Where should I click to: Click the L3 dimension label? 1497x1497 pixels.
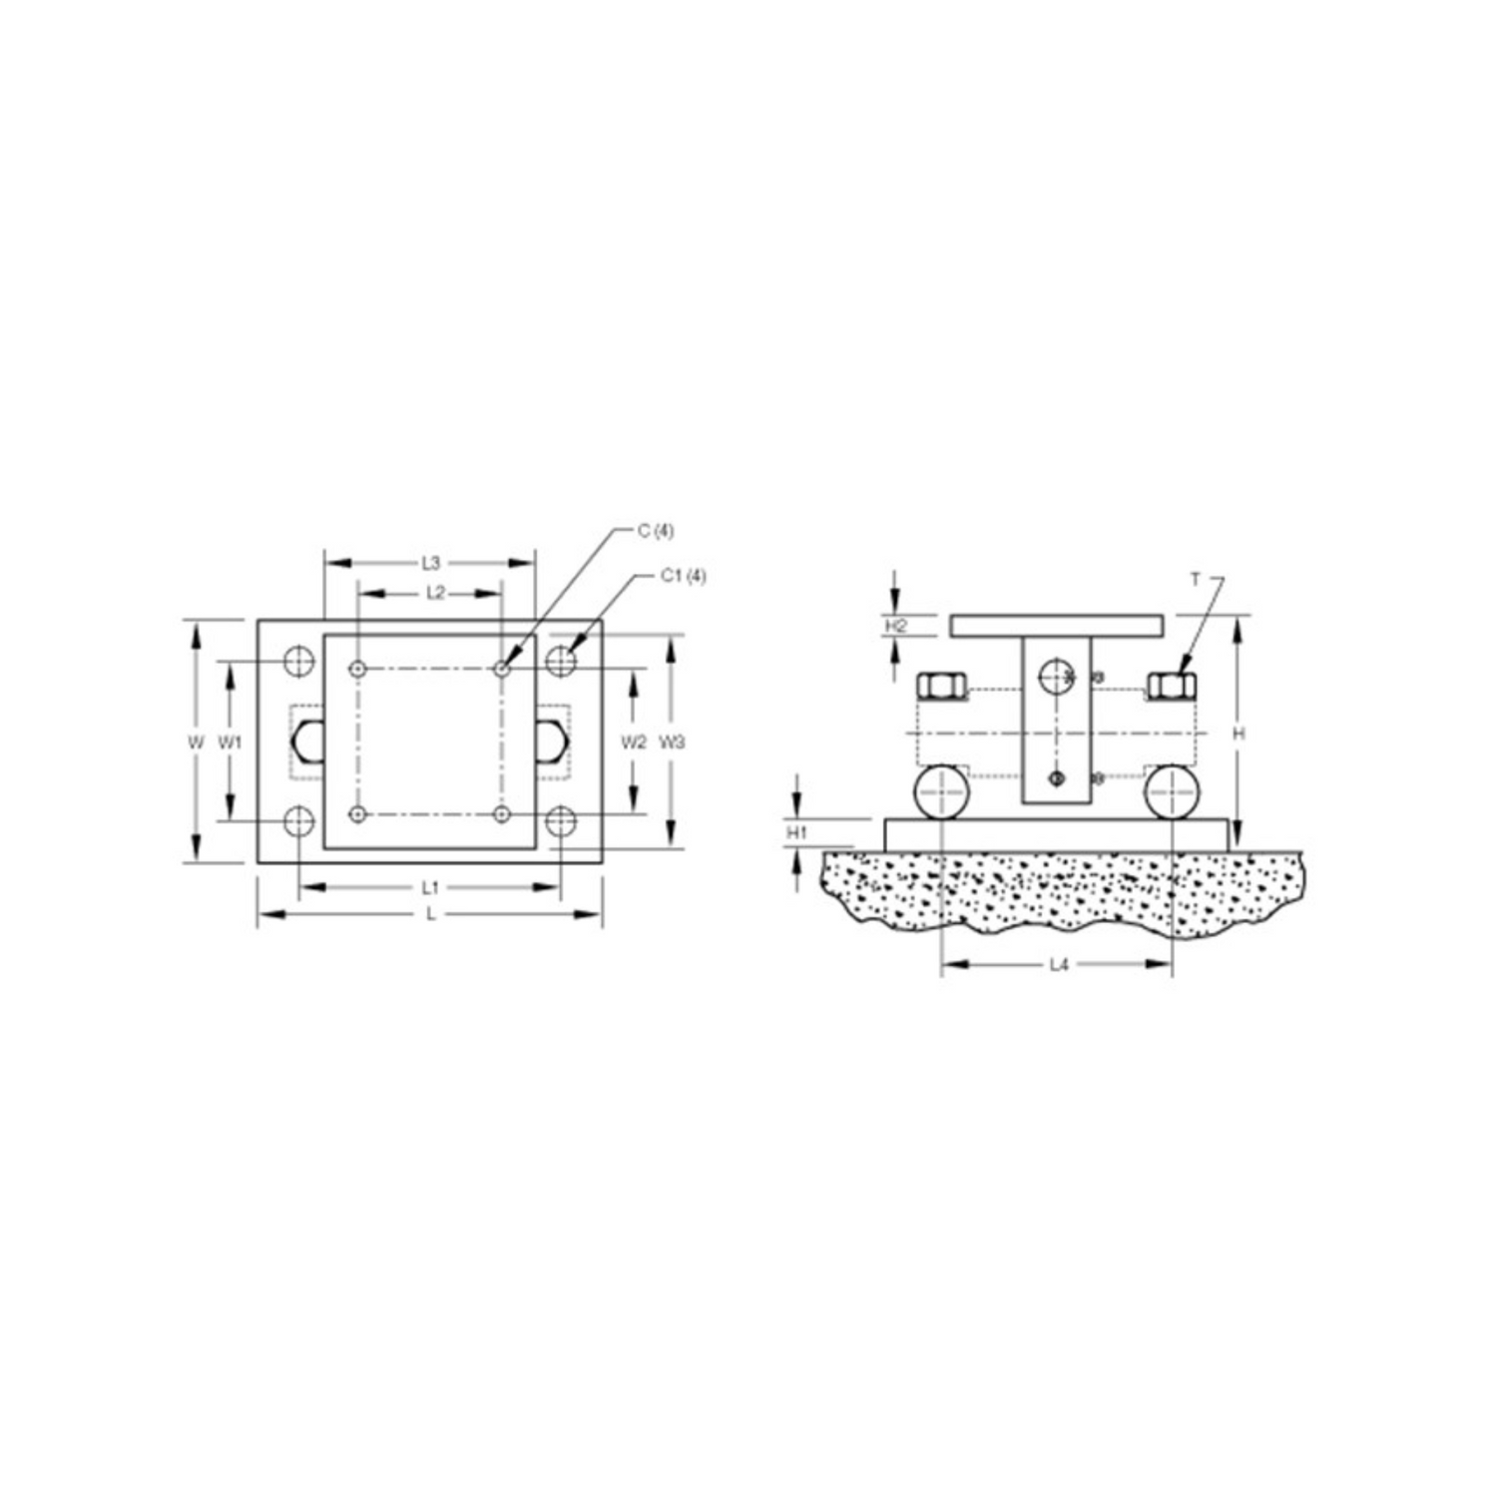[430, 563]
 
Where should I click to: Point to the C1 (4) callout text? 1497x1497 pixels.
[684, 576]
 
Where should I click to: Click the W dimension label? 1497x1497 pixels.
[197, 742]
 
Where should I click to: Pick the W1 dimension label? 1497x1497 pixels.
[231, 742]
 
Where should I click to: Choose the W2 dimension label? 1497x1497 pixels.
[634, 742]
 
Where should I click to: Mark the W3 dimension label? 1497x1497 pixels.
[673, 742]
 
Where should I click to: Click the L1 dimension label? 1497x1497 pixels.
[430, 886]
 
